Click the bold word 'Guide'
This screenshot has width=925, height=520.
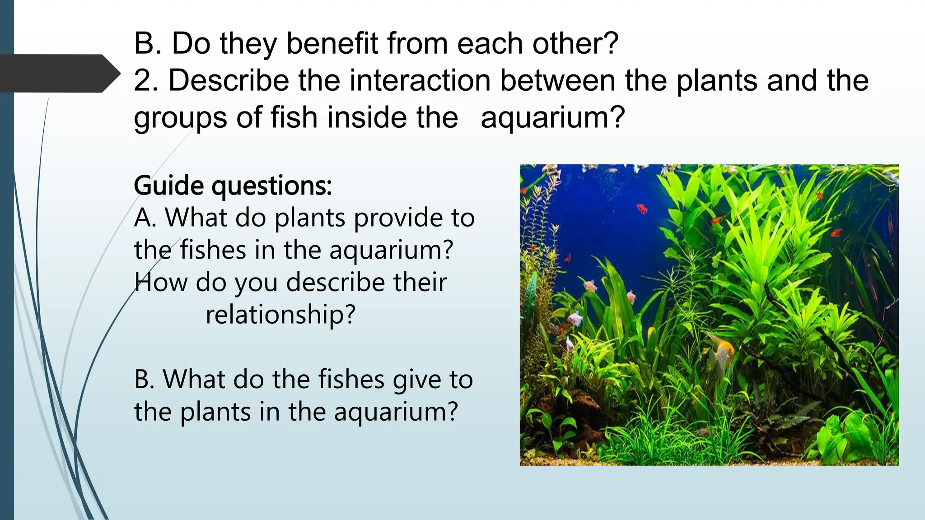point(168,186)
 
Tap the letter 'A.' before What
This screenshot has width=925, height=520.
point(145,218)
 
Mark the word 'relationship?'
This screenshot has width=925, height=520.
point(280,315)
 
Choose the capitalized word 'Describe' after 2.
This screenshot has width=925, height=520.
point(229,80)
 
